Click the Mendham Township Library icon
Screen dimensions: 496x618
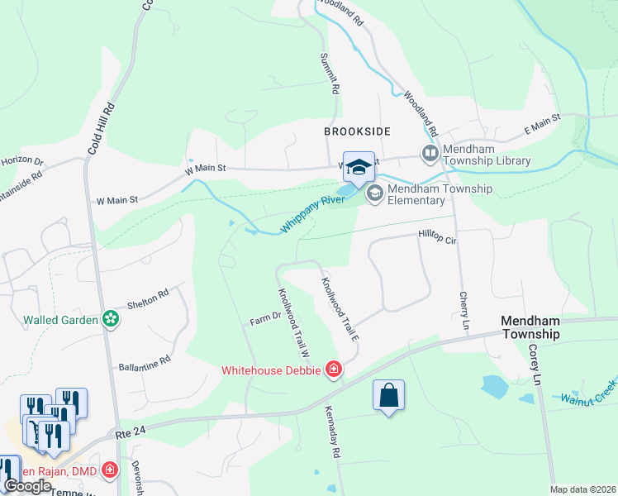point(430,153)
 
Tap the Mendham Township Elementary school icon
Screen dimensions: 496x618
point(373,193)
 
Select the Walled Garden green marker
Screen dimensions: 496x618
point(109,319)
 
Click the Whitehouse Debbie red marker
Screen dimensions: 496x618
point(333,369)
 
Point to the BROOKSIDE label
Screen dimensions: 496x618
point(357,131)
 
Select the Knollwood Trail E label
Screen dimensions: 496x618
point(340,308)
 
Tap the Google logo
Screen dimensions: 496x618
point(27,486)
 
